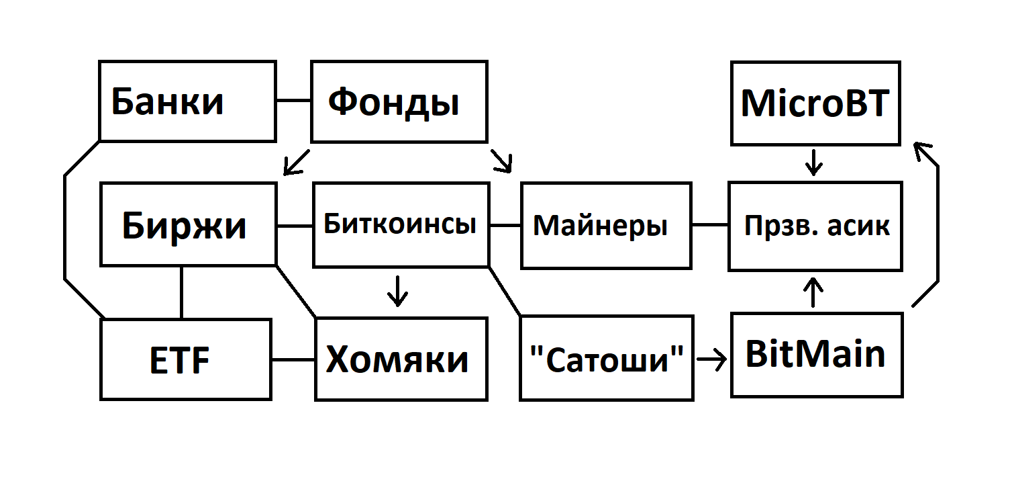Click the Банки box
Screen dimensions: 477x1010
tap(187, 101)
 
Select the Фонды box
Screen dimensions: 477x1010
tap(399, 102)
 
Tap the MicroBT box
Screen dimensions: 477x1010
tap(815, 103)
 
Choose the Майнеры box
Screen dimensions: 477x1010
tap(605, 226)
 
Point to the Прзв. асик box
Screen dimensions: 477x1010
tap(815, 226)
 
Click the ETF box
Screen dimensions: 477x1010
tap(186, 359)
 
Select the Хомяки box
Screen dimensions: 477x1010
tap(401, 359)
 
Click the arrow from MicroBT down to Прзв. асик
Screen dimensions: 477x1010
tap(813, 163)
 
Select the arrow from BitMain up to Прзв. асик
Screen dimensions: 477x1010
tap(813, 292)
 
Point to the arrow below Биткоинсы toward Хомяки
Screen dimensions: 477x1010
tap(398, 290)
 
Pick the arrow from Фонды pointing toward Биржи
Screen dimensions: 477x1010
tap(296, 162)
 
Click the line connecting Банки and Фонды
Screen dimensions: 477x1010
tap(293, 101)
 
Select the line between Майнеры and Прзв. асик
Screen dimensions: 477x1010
tap(710, 225)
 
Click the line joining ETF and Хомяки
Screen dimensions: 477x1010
tap(293, 359)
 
